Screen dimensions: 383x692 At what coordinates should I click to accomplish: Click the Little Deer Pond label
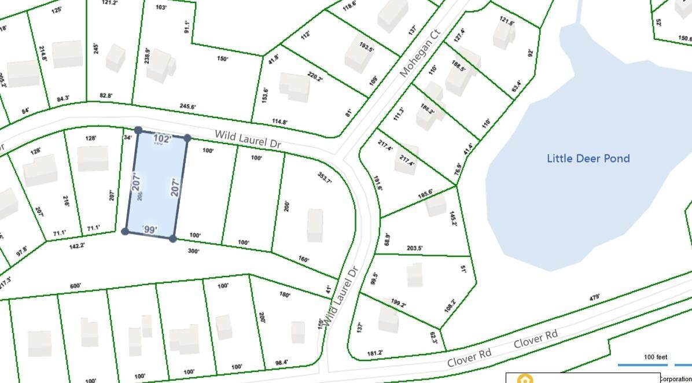588,159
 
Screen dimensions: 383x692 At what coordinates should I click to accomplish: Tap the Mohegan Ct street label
420,56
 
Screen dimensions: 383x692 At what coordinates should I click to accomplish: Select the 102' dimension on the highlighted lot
163,139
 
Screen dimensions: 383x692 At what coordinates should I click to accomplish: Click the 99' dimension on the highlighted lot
149,230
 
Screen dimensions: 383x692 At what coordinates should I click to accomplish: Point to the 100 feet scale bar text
656,357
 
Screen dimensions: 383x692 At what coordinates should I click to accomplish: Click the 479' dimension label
594,297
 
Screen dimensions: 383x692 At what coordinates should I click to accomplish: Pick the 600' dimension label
76,286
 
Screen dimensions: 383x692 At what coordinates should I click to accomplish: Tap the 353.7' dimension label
325,178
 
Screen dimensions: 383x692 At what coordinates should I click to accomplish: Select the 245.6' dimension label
188,106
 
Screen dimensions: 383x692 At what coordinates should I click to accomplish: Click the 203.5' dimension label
415,248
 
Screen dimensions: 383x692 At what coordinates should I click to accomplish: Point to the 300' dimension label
193,251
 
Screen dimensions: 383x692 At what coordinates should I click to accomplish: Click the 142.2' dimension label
77,245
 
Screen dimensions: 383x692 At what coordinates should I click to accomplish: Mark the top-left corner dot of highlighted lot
138,131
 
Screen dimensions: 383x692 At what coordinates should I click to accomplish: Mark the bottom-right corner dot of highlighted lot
173,238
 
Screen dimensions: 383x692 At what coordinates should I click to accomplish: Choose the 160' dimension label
304,260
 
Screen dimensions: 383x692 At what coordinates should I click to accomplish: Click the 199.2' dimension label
398,303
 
